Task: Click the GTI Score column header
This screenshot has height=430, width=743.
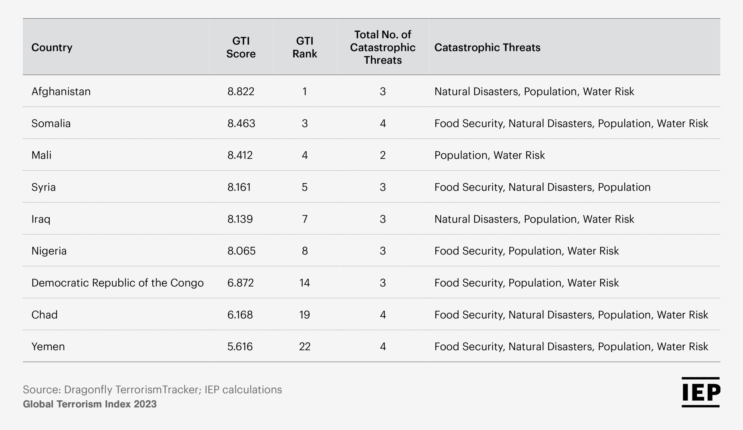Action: click(x=241, y=47)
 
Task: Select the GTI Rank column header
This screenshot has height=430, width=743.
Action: click(x=304, y=47)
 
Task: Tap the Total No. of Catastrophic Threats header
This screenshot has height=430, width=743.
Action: click(x=383, y=47)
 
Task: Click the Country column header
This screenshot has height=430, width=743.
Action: click(x=52, y=48)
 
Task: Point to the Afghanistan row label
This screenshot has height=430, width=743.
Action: click(x=61, y=92)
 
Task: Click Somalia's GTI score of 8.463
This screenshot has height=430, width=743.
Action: click(x=241, y=123)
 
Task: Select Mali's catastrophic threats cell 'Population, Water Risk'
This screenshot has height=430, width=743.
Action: click(x=489, y=155)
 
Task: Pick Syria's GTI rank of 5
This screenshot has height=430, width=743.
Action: click(x=304, y=187)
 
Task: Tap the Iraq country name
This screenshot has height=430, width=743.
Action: click(x=41, y=219)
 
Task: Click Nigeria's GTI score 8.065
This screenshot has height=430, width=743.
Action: click(x=241, y=251)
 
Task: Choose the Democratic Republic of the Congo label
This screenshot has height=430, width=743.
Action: click(x=117, y=283)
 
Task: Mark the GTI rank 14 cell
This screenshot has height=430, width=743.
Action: click(x=304, y=283)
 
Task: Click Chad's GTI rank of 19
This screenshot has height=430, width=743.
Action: click(x=304, y=315)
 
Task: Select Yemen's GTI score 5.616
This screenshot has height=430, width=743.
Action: click(x=240, y=347)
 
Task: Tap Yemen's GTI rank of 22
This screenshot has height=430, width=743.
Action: click(x=304, y=347)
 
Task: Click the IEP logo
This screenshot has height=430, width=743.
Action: click(x=701, y=392)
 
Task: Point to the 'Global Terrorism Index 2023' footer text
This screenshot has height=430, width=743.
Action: click(x=90, y=404)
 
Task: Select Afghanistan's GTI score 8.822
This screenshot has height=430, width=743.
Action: click(x=241, y=92)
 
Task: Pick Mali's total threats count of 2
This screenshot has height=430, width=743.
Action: click(x=383, y=155)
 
